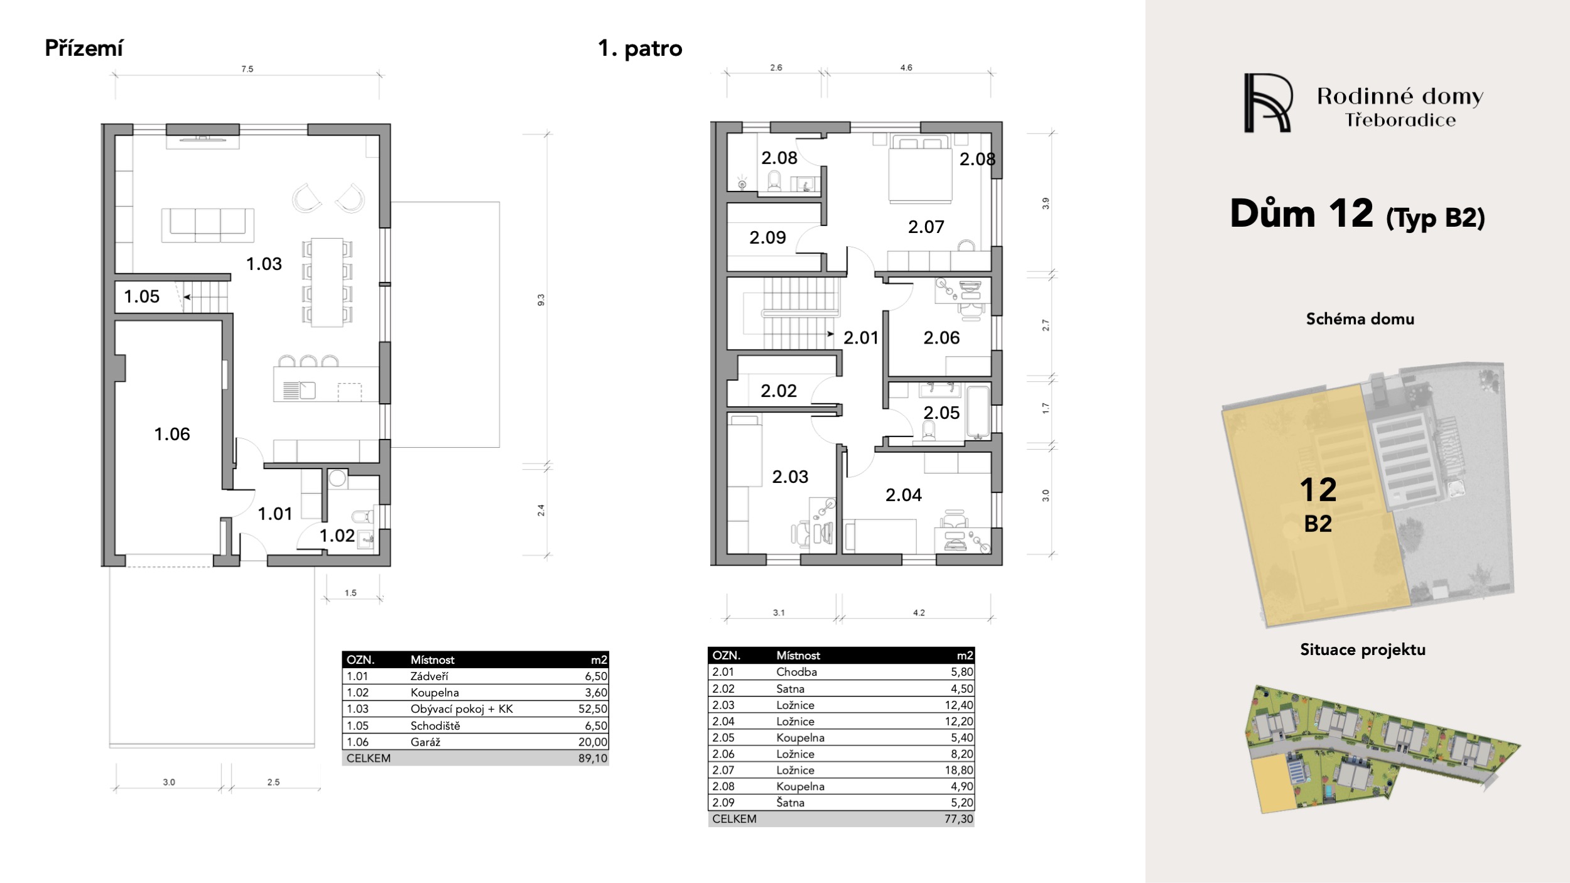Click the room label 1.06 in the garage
pyautogui.click(x=172, y=434)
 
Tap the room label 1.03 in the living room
pyautogui.click(x=264, y=264)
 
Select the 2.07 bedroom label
pyautogui.click(x=926, y=227)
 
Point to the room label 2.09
pyautogui.click(x=767, y=237)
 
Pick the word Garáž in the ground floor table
pyautogui.click(x=425, y=742)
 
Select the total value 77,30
pyautogui.click(x=959, y=819)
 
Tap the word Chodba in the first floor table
pyautogui.click(x=796, y=672)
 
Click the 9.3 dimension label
pyautogui.click(x=541, y=300)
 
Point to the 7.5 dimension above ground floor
pyautogui.click(x=247, y=69)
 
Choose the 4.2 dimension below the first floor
pyautogui.click(x=919, y=612)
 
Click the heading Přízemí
pyautogui.click(x=84, y=48)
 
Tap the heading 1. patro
pyautogui.click(x=640, y=48)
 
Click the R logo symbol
pyautogui.click(x=1268, y=103)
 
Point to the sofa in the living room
pyautogui.click(x=208, y=225)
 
